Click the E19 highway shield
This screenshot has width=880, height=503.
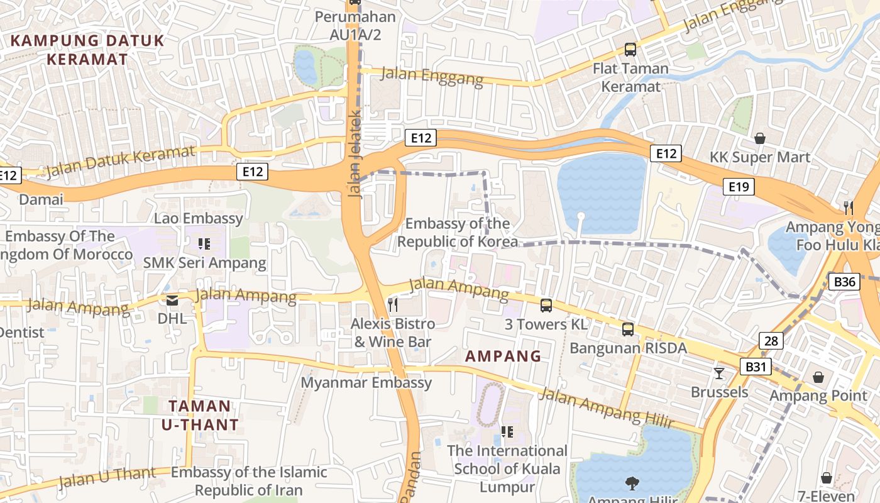738,186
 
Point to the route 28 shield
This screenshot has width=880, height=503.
771,341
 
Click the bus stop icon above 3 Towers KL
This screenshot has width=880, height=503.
546,306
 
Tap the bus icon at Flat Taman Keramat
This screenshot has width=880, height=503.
630,50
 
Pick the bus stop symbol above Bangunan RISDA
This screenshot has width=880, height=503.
627,329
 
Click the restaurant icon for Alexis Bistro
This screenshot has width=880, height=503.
393,305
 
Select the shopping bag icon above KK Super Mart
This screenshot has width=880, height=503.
760,138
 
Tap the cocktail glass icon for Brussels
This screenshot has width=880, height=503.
719,373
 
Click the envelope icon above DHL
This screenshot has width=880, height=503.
172,300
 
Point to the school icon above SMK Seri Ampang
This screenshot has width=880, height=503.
204,243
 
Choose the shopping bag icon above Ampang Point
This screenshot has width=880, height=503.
818,377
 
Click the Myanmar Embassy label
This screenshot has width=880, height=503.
366,382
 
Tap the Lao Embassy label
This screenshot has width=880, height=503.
199,218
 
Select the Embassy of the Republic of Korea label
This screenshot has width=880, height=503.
457,233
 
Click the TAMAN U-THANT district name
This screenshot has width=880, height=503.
201,415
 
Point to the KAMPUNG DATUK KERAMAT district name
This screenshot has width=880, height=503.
87,50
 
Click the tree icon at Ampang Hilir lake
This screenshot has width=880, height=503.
632,483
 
